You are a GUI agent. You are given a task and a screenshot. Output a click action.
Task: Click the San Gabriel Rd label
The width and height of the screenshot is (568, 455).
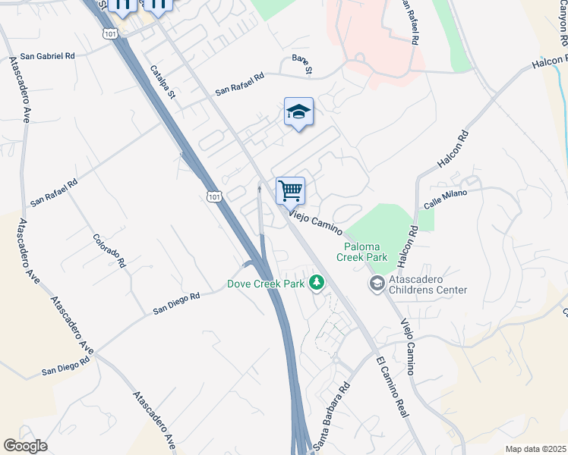[x=48, y=56]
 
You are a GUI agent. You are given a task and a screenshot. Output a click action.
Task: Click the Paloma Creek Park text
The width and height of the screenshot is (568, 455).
[x=366, y=252]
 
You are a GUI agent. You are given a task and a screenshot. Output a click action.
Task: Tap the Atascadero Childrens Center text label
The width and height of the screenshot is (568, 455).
[x=428, y=284]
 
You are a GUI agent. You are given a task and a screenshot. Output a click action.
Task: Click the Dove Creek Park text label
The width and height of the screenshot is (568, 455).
[x=266, y=284]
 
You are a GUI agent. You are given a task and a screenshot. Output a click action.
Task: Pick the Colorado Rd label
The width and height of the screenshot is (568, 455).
[x=109, y=249]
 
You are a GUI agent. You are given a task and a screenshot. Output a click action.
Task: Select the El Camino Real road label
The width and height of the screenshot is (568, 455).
[x=392, y=384]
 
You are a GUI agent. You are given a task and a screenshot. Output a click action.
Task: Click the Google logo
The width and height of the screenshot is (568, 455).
[x=25, y=446]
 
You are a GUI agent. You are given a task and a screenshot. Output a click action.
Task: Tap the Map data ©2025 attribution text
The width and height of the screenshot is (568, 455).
[x=535, y=449]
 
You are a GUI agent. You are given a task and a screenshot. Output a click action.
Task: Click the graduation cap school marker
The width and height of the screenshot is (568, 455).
[x=299, y=112]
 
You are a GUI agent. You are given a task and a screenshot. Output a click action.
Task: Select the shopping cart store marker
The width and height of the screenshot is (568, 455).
[x=290, y=191]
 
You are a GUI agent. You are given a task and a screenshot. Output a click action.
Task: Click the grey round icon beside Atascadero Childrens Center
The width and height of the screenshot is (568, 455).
[x=376, y=284]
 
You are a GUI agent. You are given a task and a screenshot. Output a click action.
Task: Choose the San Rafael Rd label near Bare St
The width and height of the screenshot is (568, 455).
[x=239, y=83]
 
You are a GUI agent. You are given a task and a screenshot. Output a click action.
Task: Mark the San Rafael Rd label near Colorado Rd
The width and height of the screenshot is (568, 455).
[x=54, y=193]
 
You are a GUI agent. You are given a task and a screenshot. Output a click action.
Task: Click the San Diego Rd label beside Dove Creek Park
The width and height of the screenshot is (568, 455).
[x=175, y=303]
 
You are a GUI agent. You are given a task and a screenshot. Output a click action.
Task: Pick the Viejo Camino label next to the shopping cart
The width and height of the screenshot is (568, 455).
[x=316, y=221]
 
